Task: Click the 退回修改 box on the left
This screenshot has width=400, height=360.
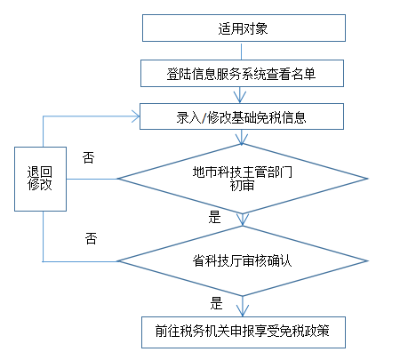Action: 39,178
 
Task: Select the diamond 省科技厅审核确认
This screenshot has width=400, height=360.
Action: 243,261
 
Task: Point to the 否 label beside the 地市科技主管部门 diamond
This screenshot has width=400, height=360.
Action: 88,157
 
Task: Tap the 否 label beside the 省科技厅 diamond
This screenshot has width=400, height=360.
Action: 91,238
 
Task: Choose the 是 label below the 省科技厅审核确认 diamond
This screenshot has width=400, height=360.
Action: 216,301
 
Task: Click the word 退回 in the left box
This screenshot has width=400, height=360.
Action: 39,170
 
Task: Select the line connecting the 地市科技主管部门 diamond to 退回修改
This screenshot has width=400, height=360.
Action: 92,179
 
